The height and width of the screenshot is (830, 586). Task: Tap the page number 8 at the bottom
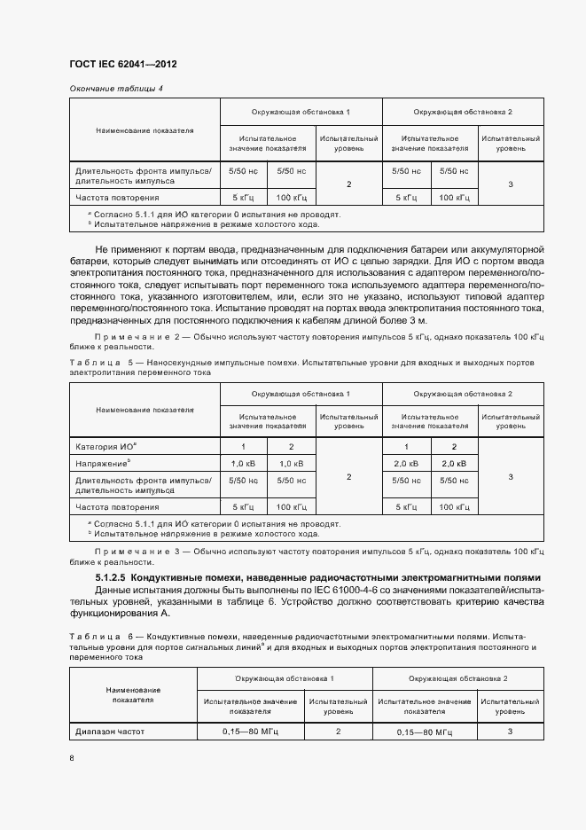pyautogui.click(x=73, y=758)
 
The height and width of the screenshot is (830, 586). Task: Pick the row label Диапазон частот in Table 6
pyautogui.click(x=109, y=732)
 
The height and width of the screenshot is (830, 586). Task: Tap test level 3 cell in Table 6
pyautogui.click(x=510, y=732)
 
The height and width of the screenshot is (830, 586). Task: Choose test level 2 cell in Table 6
pyautogui.click(x=338, y=732)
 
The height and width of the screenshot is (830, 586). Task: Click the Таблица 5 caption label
pyautogui.click(x=100, y=363)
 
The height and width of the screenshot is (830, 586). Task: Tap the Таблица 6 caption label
pyautogui.click(x=100, y=637)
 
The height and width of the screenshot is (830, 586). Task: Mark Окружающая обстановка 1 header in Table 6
pyautogui.click(x=284, y=677)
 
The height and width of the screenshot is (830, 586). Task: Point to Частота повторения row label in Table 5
pyautogui.click(x=117, y=507)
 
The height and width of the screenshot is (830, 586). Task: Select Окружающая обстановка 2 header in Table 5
pyautogui.click(x=463, y=393)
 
